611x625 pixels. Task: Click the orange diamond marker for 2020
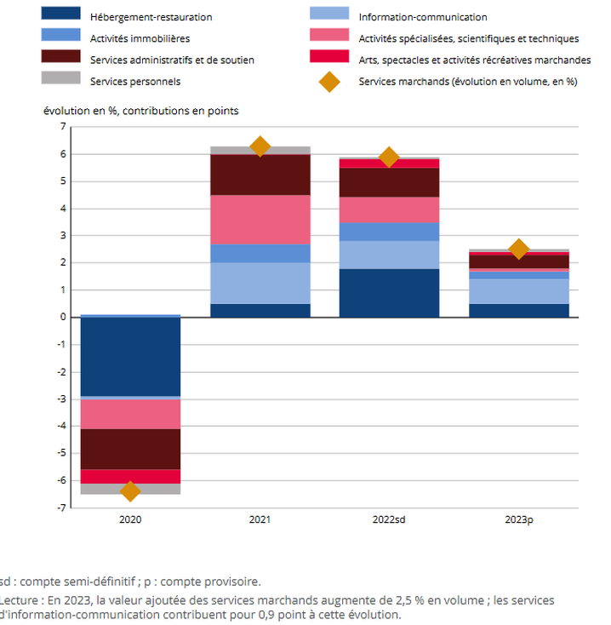130,491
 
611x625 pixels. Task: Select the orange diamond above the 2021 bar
260,146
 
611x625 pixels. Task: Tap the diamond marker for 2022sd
389,157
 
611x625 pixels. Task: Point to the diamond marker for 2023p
519,249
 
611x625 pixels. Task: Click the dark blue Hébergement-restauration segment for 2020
130,356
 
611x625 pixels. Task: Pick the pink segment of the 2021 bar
260,220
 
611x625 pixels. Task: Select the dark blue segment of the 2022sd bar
389,293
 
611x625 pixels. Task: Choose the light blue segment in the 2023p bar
519,291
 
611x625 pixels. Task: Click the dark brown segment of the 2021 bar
260,175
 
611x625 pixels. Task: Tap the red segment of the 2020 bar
130,476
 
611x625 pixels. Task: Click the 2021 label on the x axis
260,519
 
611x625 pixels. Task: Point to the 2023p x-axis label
519,519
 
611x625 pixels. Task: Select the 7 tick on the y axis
62,127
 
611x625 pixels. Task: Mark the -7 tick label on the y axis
60,508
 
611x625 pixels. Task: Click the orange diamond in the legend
329,82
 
